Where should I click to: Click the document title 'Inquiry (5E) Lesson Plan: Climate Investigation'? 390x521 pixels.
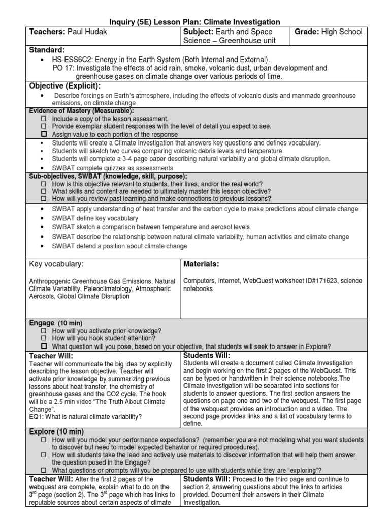click(x=195, y=22)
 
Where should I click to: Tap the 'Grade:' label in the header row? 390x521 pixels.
click(x=310, y=32)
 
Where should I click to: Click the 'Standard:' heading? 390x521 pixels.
click(x=47, y=50)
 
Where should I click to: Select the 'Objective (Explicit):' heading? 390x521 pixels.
click(x=65, y=85)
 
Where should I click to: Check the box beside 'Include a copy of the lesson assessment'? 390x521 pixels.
click(x=43, y=118)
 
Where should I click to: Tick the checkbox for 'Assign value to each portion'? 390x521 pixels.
click(x=43, y=134)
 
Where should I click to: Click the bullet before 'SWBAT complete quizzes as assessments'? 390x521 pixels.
click(x=41, y=167)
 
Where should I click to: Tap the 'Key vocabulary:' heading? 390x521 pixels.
click(x=56, y=264)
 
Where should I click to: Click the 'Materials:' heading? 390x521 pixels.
click(x=201, y=264)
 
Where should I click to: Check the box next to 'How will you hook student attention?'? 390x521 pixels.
click(x=43, y=338)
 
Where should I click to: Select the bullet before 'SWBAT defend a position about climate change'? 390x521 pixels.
click(x=41, y=246)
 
